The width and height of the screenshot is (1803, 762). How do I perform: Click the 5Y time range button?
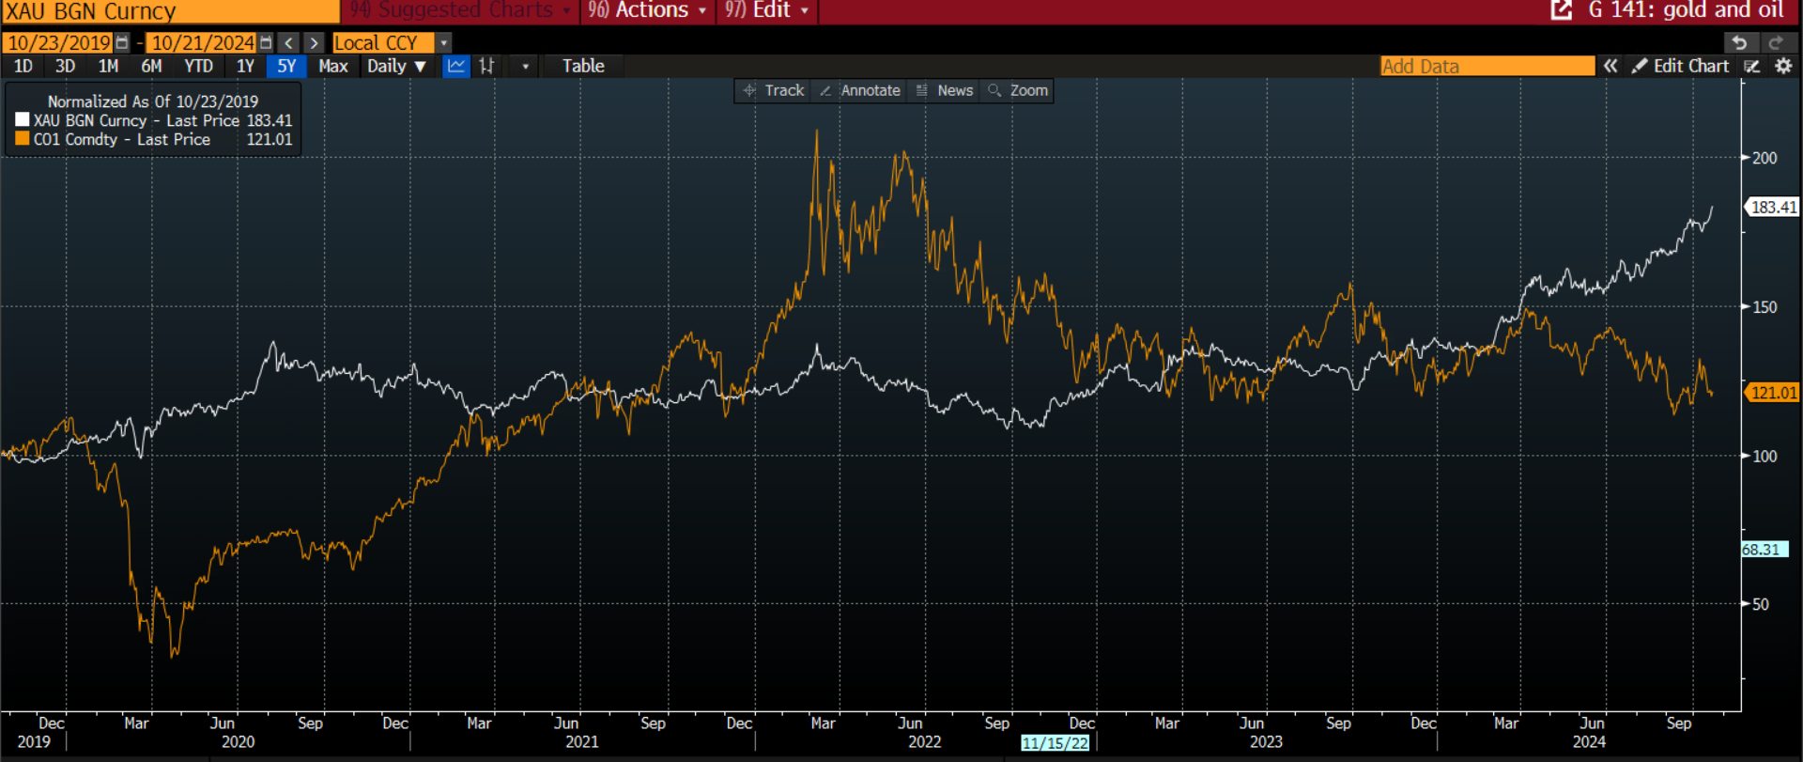[286, 67]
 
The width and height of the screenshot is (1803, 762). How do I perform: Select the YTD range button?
[198, 67]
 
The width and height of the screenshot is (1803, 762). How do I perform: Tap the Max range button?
[332, 67]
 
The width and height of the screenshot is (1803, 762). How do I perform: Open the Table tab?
[583, 67]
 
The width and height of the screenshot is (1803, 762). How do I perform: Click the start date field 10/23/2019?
[59, 43]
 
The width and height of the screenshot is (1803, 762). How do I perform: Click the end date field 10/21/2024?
[203, 43]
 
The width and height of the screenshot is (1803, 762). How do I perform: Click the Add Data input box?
[1487, 67]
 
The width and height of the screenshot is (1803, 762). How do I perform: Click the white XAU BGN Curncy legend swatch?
[23, 120]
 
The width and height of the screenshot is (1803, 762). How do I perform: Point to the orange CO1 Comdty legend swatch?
[23, 139]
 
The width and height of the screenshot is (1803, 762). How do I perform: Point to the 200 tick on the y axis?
[1764, 158]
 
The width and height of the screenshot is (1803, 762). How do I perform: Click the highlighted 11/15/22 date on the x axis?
[1056, 743]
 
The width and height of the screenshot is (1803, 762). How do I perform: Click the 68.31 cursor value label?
[1762, 550]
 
